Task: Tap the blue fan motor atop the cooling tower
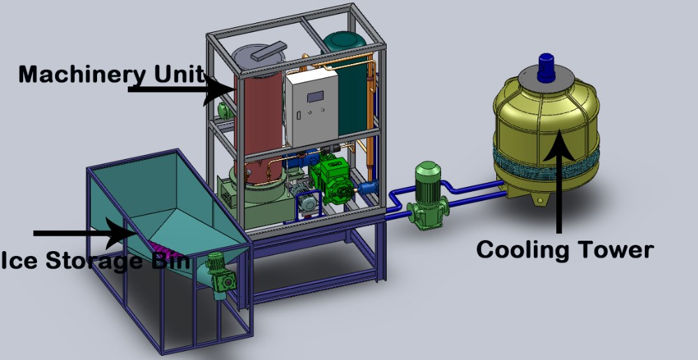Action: tap(545, 64)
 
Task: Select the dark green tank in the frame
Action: tap(353, 91)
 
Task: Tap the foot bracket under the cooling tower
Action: tap(540, 200)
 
